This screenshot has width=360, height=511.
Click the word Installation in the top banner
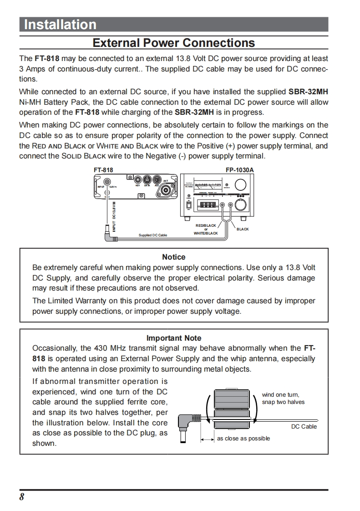click(x=60, y=25)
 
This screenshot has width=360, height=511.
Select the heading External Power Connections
click(x=174, y=43)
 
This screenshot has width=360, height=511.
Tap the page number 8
click(x=22, y=497)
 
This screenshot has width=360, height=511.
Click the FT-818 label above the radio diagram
click(x=103, y=170)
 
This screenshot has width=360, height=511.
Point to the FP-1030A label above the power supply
click(x=239, y=170)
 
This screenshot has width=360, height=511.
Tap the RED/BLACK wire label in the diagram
click(x=206, y=225)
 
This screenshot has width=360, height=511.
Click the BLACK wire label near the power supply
click(x=243, y=229)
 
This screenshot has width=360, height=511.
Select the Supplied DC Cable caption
click(x=153, y=235)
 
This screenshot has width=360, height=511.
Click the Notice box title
click(x=173, y=257)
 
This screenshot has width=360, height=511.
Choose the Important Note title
click(x=173, y=338)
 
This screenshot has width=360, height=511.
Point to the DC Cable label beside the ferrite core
click(x=304, y=427)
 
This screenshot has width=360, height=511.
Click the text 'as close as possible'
click(x=243, y=439)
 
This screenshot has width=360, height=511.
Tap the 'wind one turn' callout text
click(x=280, y=395)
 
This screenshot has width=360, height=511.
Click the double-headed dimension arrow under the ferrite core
click(x=208, y=439)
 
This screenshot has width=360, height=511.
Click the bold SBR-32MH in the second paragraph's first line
click(x=308, y=92)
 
